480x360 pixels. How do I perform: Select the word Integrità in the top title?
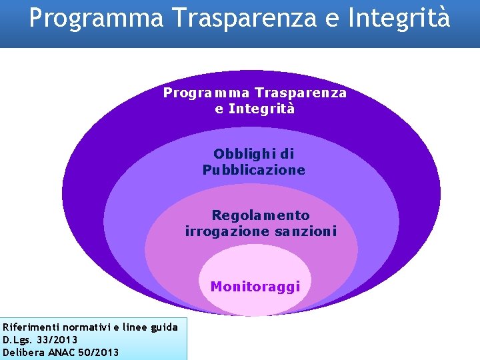pyautogui.click(x=407, y=17)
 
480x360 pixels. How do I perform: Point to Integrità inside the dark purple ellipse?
pyautogui.click(x=261, y=108)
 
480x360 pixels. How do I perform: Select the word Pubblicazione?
pyautogui.click(x=254, y=170)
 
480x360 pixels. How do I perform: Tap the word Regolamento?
pyautogui.click(x=261, y=215)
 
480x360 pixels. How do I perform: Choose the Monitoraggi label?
pyautogui.click(x=255, y=287)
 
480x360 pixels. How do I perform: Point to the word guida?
pyautogui.click(x=165, y=327)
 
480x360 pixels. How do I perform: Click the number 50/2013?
pyautogui.click(x=98, y=352)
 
